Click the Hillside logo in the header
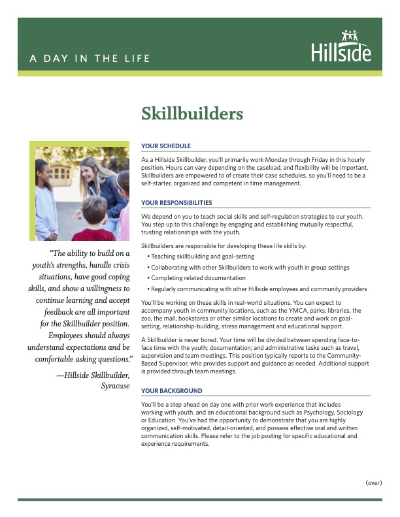341,46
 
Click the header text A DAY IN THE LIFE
90,58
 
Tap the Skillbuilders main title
192,114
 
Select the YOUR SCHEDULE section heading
166,146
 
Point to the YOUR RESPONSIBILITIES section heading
176,203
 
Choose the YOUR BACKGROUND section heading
172,390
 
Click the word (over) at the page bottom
373,482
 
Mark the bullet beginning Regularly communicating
258,289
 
